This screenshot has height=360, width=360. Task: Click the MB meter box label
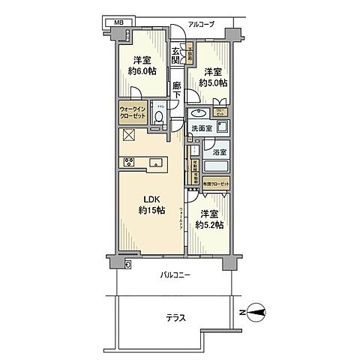click(x=118, y=23)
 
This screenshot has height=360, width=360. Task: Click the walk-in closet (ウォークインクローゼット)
click(x=133, y=115)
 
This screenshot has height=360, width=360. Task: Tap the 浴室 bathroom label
click(x=220, y=151)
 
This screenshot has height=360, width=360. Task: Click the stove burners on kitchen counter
click(x=125, y=161)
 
